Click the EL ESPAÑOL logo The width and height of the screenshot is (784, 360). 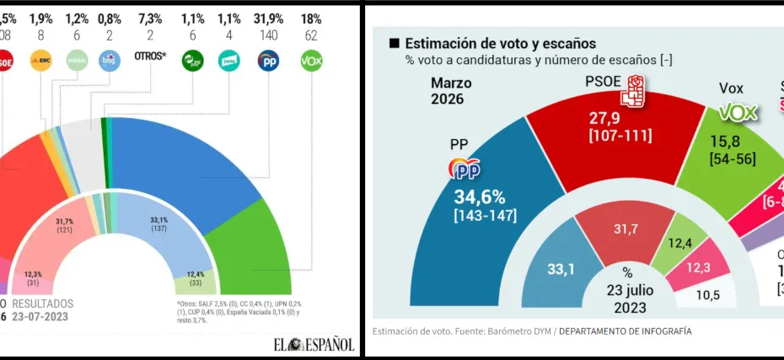point(313,344)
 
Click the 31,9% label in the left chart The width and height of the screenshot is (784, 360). point(269,19)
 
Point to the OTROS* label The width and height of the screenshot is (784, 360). point(152,58)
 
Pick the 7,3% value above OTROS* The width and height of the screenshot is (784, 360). point(151,19)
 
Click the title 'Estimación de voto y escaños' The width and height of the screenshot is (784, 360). point(501,44)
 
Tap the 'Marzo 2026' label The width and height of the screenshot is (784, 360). point(451,91)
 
